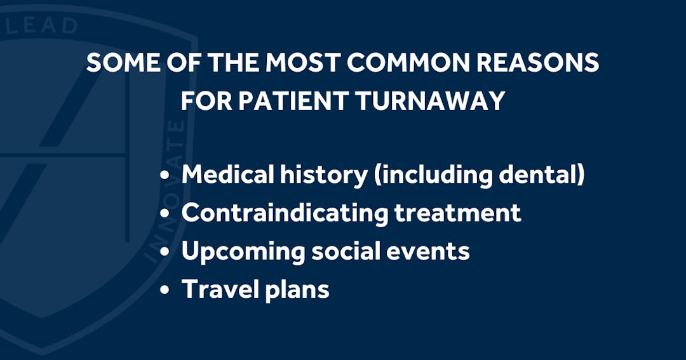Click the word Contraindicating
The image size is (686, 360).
click(285, 213)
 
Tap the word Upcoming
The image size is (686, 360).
click(243, 251)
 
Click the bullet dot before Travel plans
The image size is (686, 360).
click(166, 290)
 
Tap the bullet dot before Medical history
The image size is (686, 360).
click(166, 176)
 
